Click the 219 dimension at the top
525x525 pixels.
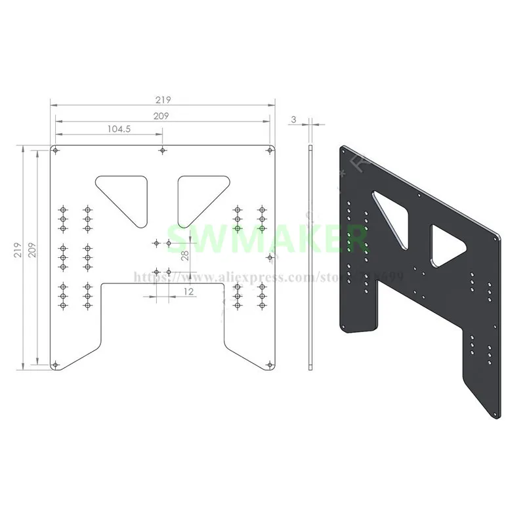pyautogui.click(x=163, y=100)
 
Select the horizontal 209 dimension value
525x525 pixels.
pyautogui.click(x=162, y=115)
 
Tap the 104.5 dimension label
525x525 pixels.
pyautogui.click(x=119, y=129)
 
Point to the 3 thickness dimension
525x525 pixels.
pyautogui.click(x=294, y=119)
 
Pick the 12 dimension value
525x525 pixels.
pyautogui.click(x=188, y=291)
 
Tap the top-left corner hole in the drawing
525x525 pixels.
pyautogui.click(x=56, y=151)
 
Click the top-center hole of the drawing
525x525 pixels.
pyautogui.click(x=162, y=151)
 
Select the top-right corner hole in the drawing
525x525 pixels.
pyautogui.click(x=269, y=151)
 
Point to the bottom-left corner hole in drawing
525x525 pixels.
pyautogui.click(x=56, y=364)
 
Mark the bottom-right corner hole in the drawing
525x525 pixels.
pyautogui.click(x=269, y=364)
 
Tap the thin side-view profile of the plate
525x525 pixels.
pyautogui.click(x=310, y=256)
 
